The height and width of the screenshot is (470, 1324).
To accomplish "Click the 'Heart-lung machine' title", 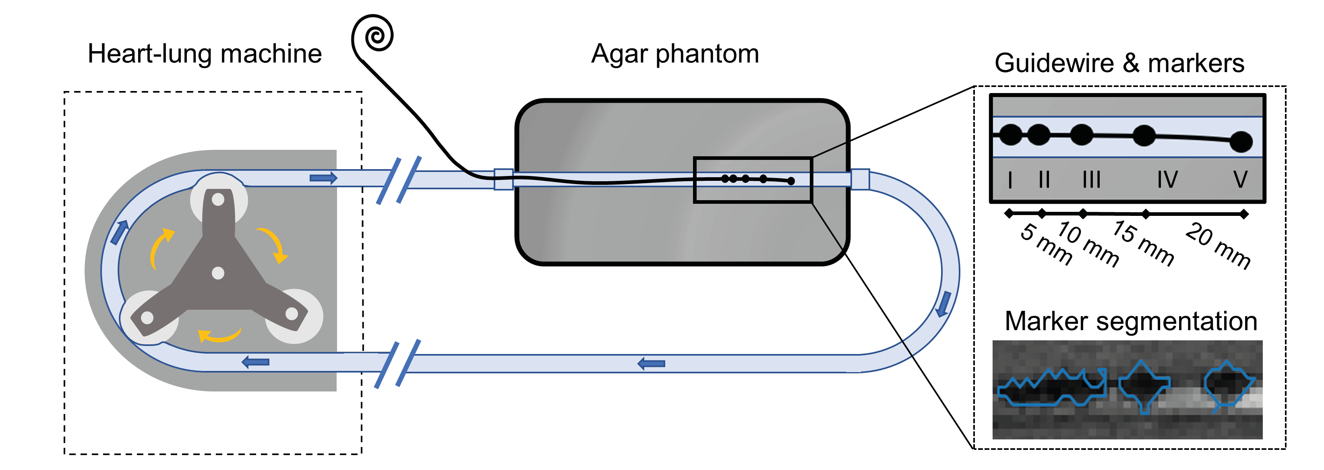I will click(x=205, y=54).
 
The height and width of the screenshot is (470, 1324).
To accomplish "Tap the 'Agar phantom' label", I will click(x=675, y=54).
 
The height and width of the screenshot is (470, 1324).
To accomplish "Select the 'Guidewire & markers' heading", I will click(x=1119, y=64).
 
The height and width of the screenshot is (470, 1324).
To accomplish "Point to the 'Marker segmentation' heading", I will click(x=1131, y=321).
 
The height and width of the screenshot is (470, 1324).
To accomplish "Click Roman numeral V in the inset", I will click(x=1240, y=180).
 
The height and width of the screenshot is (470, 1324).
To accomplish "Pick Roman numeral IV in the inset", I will click(x=1167, y=180).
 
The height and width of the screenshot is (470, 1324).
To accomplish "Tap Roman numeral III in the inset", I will click(x=1091, y=180).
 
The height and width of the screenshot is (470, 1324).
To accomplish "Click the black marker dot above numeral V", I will click(x=1241, y=142).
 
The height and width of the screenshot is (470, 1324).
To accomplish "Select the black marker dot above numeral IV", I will click(x=1144, y=136).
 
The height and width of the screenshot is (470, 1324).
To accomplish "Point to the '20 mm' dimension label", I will click(x=1218, y=245).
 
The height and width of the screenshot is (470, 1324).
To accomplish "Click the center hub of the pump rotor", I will click(x=218, y=273).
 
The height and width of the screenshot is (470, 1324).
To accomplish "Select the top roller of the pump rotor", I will click(x=218, y=199).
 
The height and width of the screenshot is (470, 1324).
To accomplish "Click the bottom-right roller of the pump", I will click(x=292, y=313).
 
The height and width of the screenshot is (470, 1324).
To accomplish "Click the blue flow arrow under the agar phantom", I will click(x=651, y=364).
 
